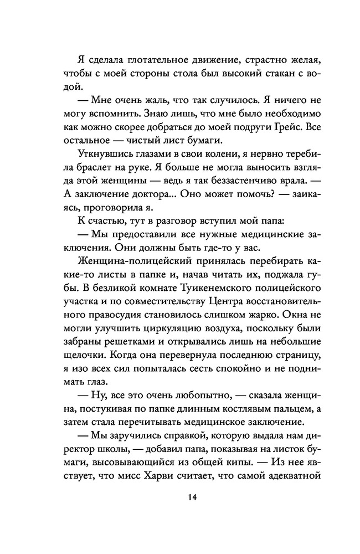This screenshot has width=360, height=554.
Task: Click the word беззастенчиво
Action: (x=236, y=183)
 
